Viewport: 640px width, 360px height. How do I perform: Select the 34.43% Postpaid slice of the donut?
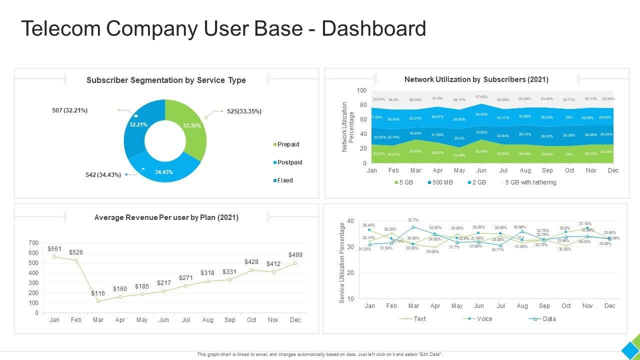click(x=163, y=171)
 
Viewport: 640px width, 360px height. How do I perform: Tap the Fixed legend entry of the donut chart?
click(x=285, y=180)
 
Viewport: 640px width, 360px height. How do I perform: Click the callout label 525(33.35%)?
click(x=244, y=111)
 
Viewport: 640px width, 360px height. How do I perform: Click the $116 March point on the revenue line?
click(x=98, y=301)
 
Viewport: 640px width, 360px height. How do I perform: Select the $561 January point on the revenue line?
click(x=54, y=257)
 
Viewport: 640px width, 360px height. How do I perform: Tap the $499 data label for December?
click(x=295, y=255)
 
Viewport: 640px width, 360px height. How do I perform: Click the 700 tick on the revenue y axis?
click(x=33, y=243)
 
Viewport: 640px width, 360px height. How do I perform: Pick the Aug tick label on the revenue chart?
click(x=207, y=320)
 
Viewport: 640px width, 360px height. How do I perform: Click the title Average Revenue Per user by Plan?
click(x=166, y=217)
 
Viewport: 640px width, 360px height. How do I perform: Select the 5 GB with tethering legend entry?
click(x=530, y=182)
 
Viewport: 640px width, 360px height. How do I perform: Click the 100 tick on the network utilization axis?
click(x=361, y=90)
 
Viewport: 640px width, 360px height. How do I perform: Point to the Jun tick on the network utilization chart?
click(x=481, y=170)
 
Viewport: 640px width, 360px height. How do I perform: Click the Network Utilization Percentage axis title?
click(x=348, y=126)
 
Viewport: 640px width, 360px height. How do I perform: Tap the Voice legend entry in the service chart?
click(x=484, y=319)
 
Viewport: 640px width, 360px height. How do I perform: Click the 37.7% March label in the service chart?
click(x=413, y=220)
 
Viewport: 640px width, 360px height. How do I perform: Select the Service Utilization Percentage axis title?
click(x=342, y=262)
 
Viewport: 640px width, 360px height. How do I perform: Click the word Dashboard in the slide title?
click(x=374, y=29)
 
